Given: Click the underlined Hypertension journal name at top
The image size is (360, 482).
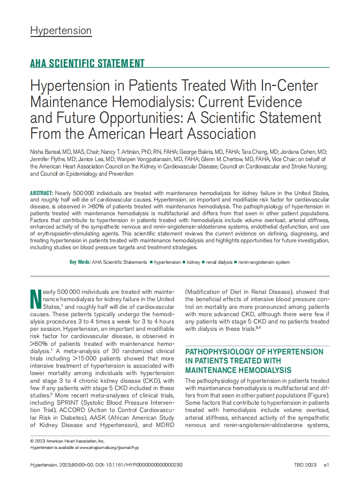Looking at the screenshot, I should click(x=61, y=31).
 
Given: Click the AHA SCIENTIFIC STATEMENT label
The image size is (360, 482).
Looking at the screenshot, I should click(x=87, y=64).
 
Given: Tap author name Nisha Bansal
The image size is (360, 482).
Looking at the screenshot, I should click(x=45, y=152).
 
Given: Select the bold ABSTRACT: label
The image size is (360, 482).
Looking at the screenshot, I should click(x=42, y=193).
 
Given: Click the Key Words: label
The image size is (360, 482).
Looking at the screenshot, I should click(x=80, y=262).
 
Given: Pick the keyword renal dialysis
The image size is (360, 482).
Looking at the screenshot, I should click(x=219, y=262).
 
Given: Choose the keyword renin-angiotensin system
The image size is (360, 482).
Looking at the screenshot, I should click(x=264, y=262).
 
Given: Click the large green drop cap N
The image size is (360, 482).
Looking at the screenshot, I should click(x=36, y=299).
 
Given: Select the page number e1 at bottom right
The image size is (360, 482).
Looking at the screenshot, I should click(x=326, y=465).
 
